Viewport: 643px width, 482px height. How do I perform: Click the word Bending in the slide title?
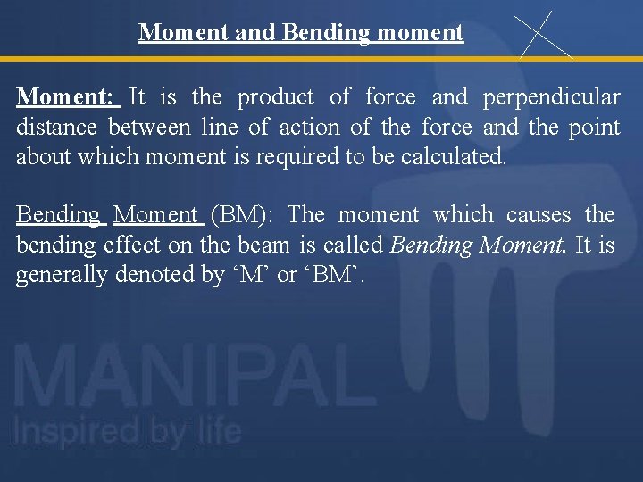coord(325,33)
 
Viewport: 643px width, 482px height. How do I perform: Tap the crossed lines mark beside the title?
coord(544,34)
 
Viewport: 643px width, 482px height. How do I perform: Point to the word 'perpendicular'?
coord(552,96)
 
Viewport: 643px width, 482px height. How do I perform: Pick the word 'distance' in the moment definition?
coord(60,128)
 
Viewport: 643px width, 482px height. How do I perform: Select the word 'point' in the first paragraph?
coord(595,128)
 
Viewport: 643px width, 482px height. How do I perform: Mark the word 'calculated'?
coord(453,158)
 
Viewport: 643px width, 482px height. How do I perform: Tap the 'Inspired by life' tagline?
coord(126,432)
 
